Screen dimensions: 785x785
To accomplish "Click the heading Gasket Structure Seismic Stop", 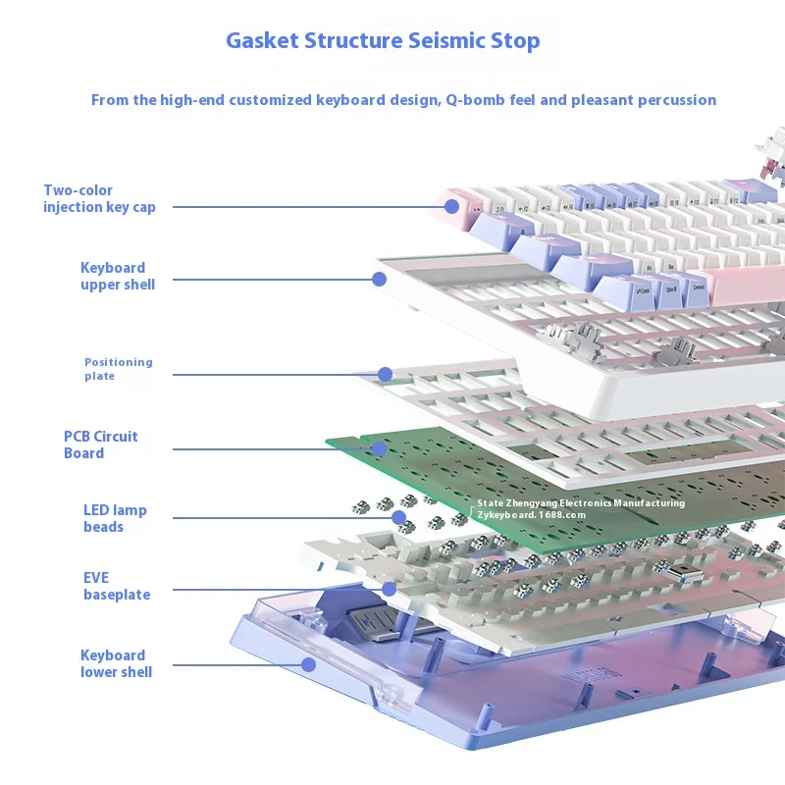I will pos(383,41).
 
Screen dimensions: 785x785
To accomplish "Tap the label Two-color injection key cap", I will pos(99,198).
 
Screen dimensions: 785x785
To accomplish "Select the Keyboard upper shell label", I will pos(118,276).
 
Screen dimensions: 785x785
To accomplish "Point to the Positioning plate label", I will pos(118,369).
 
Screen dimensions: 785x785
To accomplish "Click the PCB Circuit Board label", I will pos(100,445).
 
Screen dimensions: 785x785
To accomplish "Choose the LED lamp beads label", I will pos(115,518).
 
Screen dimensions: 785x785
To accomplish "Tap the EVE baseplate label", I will pos(116,586).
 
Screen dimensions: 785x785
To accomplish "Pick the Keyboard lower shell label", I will pos(116,663).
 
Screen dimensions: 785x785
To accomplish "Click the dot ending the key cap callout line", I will pos(451,206).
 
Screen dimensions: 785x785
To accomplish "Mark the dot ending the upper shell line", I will pos(379,280).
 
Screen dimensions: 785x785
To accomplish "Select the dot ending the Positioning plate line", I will pos(385,374).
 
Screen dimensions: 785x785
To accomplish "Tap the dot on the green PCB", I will pos(378,449).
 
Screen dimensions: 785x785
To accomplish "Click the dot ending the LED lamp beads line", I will pos(399,517).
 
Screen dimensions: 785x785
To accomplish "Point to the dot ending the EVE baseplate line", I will pos(390,590).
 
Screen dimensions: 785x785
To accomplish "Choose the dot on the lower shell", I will pos(308,664).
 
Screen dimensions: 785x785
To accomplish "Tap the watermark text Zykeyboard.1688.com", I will pos(531,514).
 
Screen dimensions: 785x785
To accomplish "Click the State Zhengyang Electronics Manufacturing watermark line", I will pos(581,503).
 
